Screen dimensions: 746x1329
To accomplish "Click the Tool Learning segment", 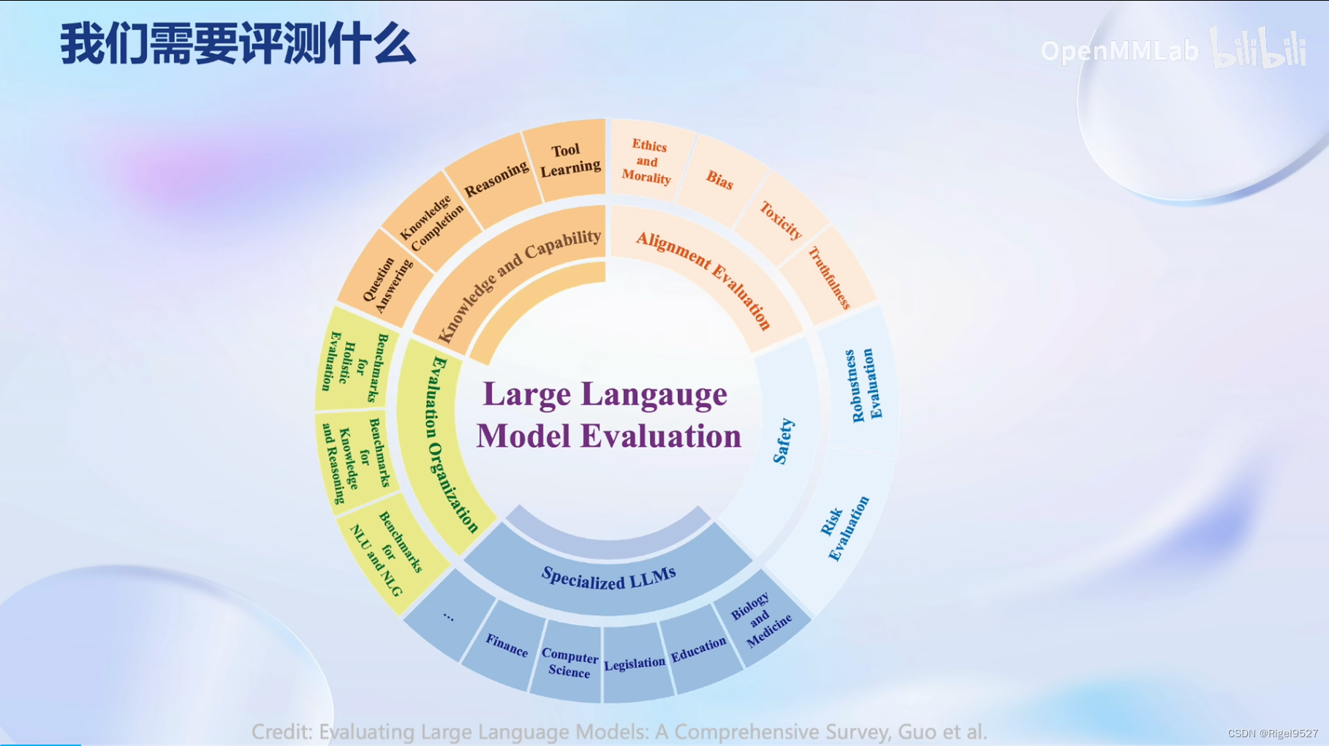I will [x=569, y=160].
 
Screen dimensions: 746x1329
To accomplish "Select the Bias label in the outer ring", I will [x=719, y=180].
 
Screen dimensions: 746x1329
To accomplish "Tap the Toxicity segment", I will [x=780, y=220].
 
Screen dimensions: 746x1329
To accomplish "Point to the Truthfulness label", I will [x=830, y=277].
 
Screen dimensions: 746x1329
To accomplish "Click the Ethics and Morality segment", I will [x=647, y=162].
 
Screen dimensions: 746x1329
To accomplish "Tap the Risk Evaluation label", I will [x=844, y=528].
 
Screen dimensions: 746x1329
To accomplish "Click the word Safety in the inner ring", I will [x=783, y=442].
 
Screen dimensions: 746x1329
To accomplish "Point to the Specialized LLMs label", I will [x=608, y=579].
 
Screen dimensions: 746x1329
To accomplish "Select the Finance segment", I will [x=507, y=646].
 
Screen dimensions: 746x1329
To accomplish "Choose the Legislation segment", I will [x=635, y=663].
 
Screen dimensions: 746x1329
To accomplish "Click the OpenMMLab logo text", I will [x=1119, y=51].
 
